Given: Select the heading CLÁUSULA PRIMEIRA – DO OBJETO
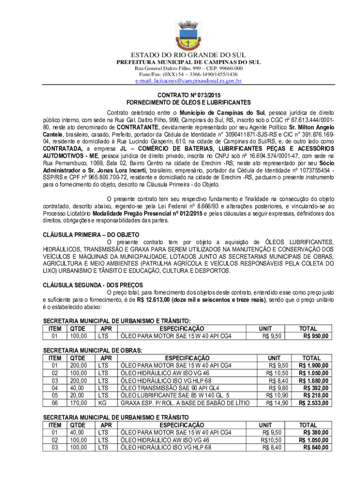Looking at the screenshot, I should (91, 234).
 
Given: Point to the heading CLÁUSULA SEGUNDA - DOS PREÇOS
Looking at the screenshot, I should (93, 285).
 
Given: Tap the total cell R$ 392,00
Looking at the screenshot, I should (316, 387).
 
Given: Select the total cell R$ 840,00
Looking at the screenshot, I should (316, 447).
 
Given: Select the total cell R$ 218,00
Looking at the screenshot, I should (316, 395).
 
